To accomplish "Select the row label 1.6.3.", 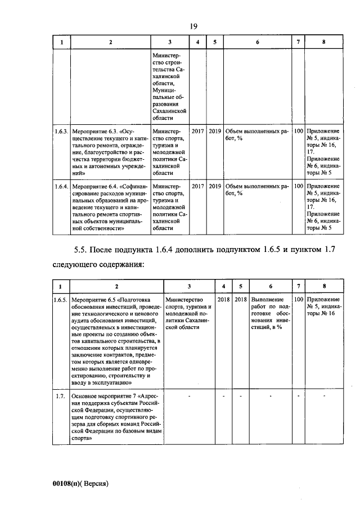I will click(61, 131).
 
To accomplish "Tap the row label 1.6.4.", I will click(61, 186).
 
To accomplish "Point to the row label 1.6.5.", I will click(61, 300).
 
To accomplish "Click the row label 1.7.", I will click(61, 397).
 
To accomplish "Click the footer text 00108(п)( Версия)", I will click(79, 483).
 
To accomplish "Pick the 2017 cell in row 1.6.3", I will click(197, 131).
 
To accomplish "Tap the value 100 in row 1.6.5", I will click(299, 300).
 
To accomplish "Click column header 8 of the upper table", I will click(323, 43).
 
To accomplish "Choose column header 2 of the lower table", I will click(116, 285).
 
